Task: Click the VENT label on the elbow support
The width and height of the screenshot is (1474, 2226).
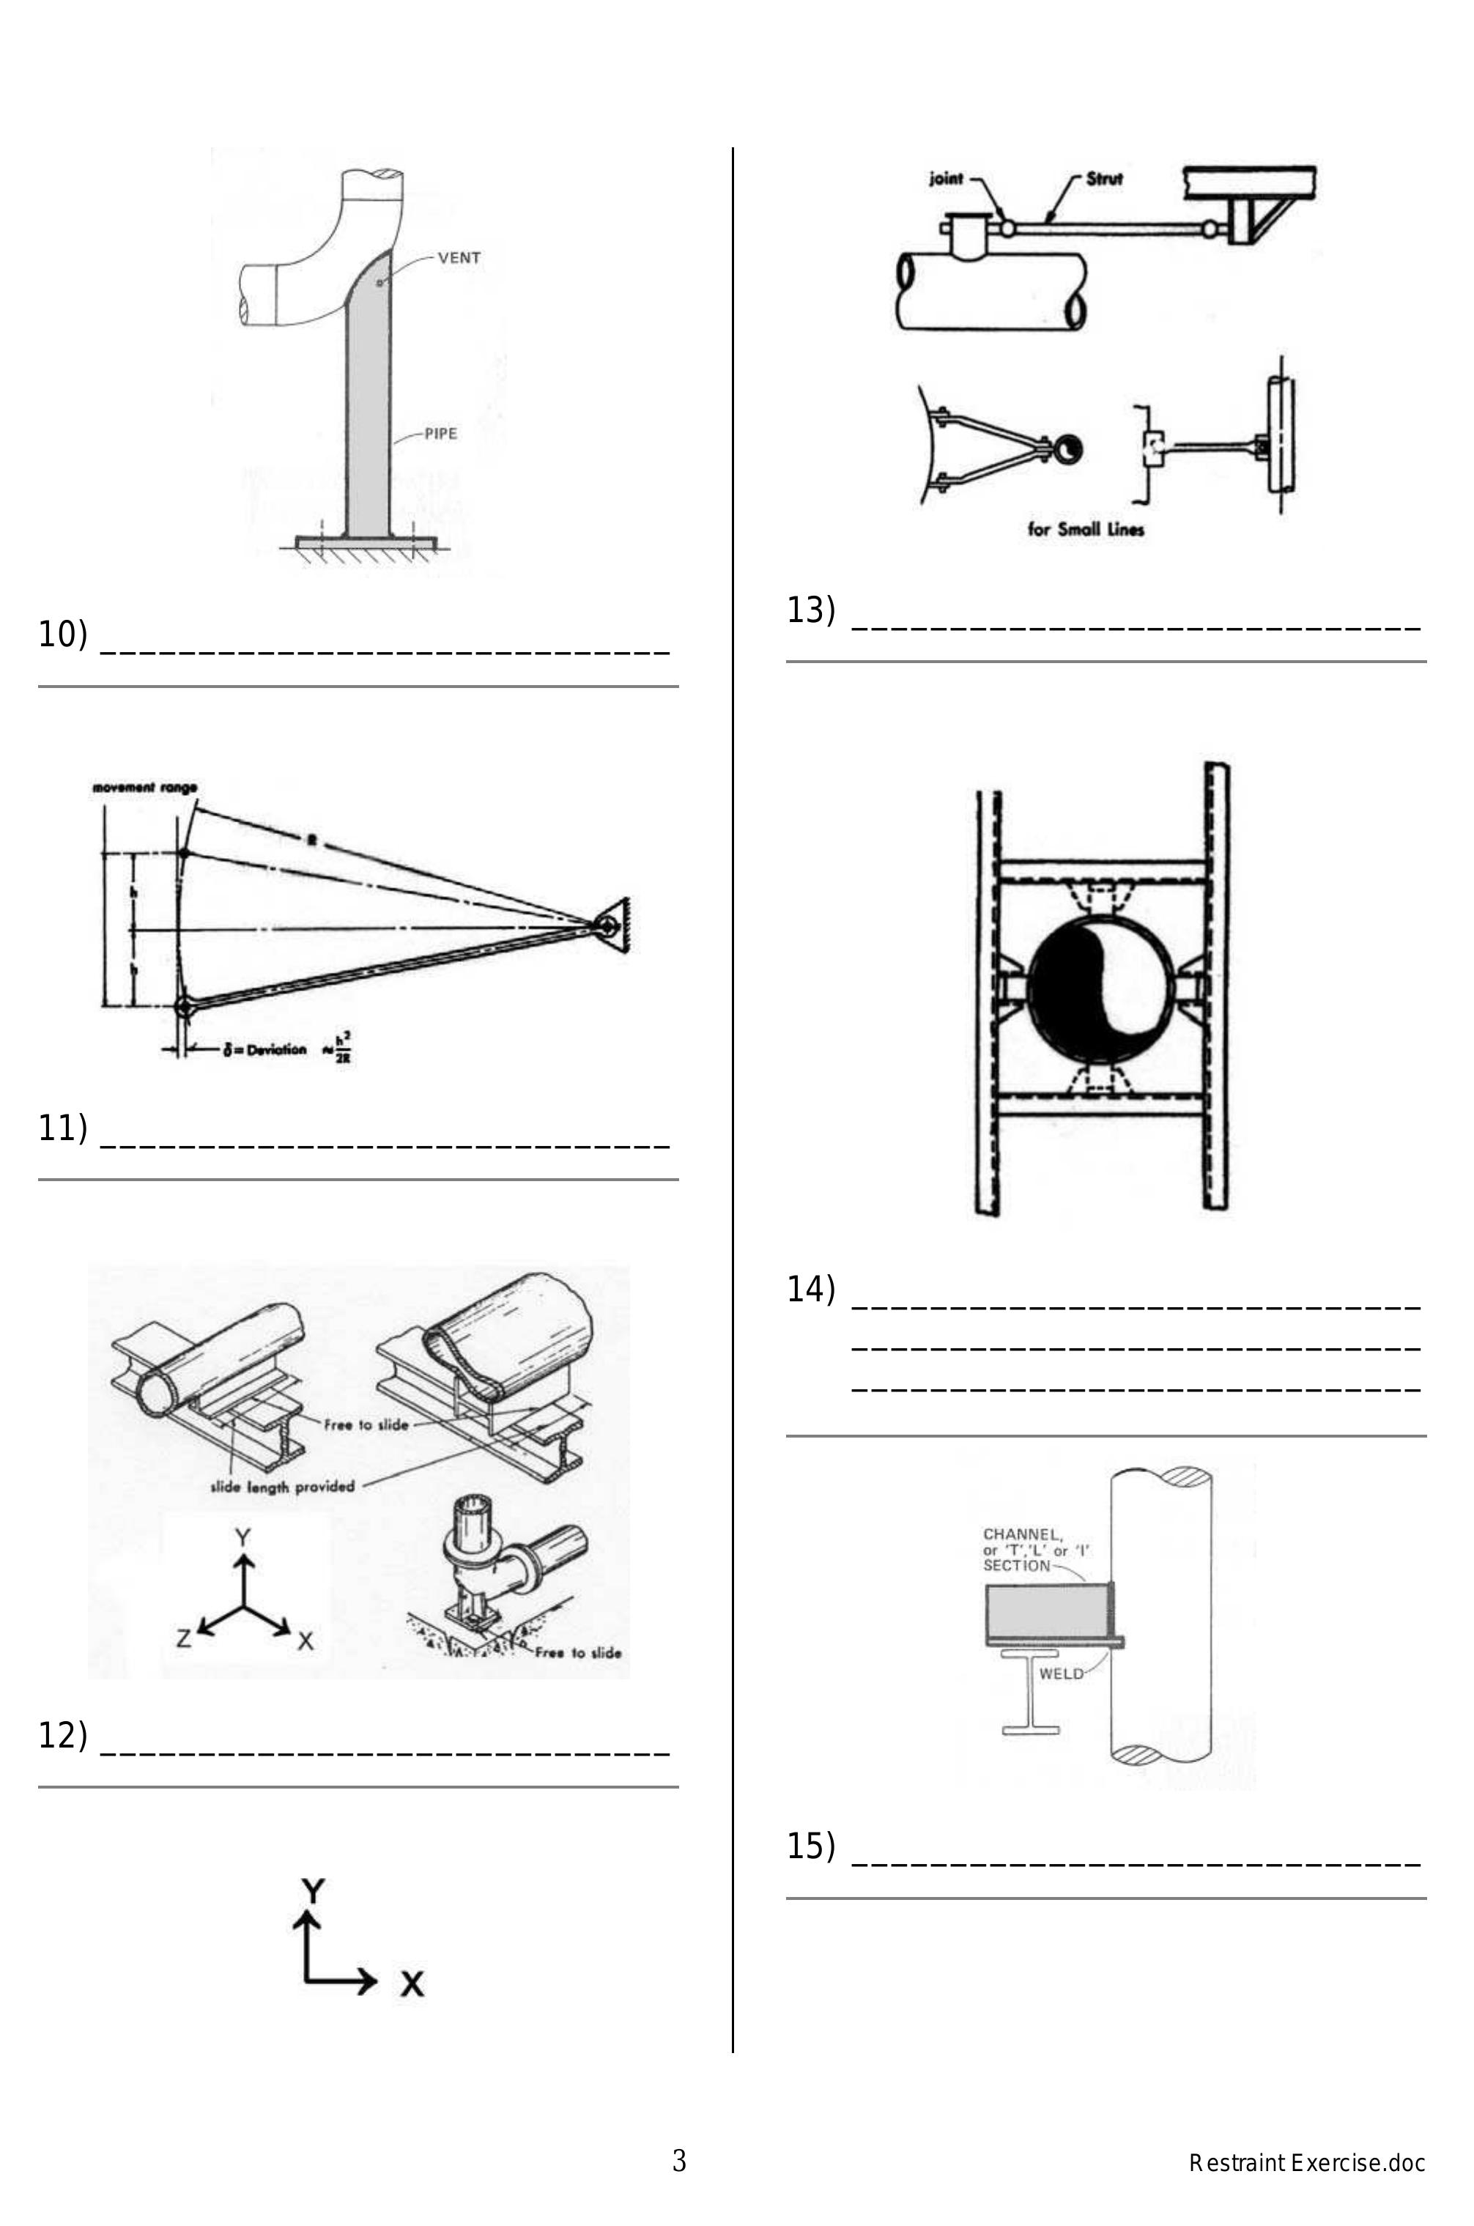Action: point(459,258)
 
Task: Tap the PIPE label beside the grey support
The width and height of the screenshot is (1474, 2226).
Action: point(441,433)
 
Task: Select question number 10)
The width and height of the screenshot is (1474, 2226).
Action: point(62,635)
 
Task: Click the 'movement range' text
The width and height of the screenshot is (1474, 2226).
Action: point(145,788)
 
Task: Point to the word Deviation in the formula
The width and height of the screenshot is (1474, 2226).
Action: point(276,1049)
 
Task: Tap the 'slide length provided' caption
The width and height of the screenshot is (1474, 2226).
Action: point(282,1486)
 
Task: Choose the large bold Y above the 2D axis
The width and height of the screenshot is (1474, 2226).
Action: point(313,1890)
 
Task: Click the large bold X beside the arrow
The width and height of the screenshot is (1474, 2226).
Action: point(412,1983)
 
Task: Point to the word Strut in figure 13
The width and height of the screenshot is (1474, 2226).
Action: point(1105,177)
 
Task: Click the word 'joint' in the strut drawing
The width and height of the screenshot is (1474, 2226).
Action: point(946,177)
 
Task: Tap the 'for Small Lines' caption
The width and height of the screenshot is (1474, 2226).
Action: point(1086,529)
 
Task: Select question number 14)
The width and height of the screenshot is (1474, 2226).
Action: point(810,1289)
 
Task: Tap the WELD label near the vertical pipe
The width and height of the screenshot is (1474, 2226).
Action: point(1060,1674)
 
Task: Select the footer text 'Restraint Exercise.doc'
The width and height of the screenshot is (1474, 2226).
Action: point(1307,2163)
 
